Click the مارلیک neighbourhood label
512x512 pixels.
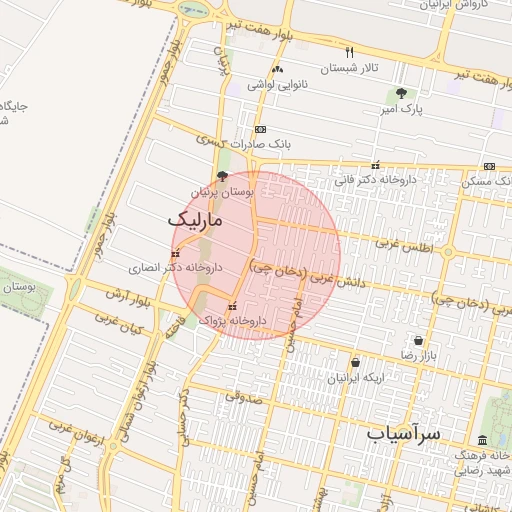coord(195,218)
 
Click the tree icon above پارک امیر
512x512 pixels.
coord(401,94)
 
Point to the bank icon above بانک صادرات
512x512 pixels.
coord(260,130)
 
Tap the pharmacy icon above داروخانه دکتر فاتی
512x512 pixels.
coord(375,166)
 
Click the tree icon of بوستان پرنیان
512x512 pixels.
coord(222,176)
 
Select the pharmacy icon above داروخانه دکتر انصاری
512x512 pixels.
coord(177,252)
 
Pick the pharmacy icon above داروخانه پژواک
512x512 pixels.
coord(233,307)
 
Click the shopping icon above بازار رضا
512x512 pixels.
coord(418,340)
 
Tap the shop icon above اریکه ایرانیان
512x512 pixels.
coord(356,363)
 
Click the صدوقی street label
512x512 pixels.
coord(241,396)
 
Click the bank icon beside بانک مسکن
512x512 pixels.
coord(489,166)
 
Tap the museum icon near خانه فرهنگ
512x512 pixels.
coord(483,441)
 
